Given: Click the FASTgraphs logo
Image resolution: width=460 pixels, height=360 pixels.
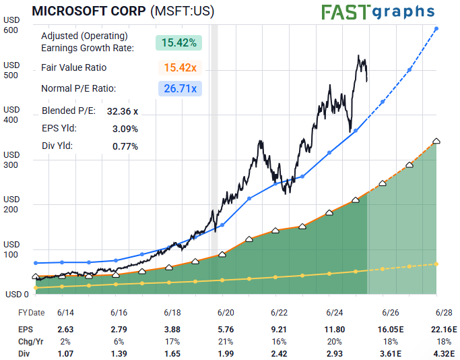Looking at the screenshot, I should pyautogui.click(x=378, y=12).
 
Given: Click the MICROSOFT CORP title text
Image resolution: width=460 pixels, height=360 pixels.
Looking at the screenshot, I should pyautogui.click(x=88, y=11).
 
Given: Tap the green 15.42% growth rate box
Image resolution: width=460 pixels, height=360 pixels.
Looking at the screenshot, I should pyautogui.click(x=179, y=42).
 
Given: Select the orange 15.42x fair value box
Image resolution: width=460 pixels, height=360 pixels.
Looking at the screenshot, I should pyautogui.click(x=179, y=67).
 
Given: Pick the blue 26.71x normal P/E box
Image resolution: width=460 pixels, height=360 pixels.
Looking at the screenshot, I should pyautogui.click(x=179, y=88).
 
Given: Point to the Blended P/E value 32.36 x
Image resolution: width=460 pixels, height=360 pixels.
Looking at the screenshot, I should pyautogui.click(x=122, y=111).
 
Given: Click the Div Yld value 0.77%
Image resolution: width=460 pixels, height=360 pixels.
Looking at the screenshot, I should pyautogui.click(x=125, y=146).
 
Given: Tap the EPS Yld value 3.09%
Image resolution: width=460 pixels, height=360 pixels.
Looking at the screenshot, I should pyautogui.click(x=125, y=128).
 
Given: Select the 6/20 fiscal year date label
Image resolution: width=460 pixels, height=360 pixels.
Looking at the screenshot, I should pyautogui.click(x=226, y=313).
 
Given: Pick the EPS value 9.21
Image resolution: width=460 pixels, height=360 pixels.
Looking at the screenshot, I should pyautogui.click(x=280, y=330).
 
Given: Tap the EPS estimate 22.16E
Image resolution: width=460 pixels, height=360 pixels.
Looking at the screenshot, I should pyautogui.click(x=442, y=330).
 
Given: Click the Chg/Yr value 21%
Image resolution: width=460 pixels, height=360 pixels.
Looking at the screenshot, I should pyautogui.click(x=226, y=342).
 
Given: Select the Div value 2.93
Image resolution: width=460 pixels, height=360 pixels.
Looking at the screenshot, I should pyautogui.click(x=335, y=353).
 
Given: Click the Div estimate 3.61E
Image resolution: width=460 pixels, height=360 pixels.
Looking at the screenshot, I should pyautogui.click(x=389, y=353).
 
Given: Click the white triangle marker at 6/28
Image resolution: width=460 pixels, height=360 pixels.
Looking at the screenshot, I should pyautogui.click(x=436, y=140).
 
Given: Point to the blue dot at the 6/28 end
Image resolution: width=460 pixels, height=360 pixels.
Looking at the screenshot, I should pyautogui.click(x=436, y=28).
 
